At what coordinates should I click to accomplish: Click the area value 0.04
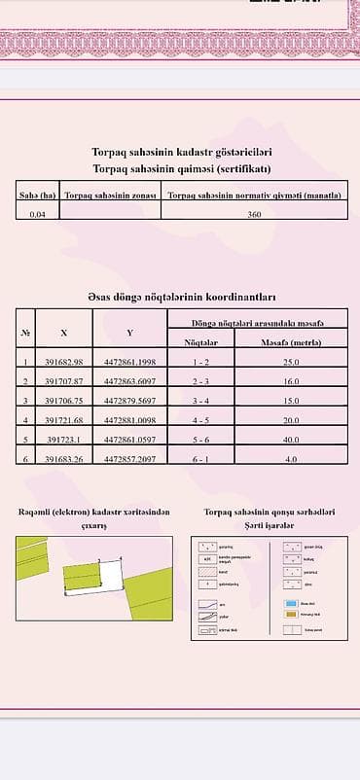click(38, 213)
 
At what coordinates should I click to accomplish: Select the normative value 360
click(254, 213)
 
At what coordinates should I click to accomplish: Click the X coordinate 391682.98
click(64, 362)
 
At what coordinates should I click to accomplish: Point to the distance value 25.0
click(291, 362)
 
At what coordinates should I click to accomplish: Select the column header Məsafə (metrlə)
click(291, 341)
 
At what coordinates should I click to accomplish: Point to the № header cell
click(25, 333)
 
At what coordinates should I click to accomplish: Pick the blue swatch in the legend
click(295, 604)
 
